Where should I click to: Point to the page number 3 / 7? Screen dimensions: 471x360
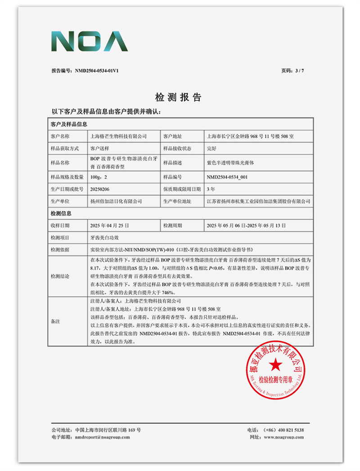tap(298, 71)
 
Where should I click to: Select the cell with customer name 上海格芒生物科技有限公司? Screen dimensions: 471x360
tap(119, 136)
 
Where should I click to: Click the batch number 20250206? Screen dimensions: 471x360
tap(100, 189)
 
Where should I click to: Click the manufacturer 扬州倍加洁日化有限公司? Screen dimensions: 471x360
tap(116, 201)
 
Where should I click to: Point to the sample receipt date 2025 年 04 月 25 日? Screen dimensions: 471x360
tap(110, 225)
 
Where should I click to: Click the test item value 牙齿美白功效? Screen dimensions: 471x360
tap(104, 237)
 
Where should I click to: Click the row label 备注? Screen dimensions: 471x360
tap(56, 322)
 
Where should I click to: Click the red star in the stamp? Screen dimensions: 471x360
tap(275, 364)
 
